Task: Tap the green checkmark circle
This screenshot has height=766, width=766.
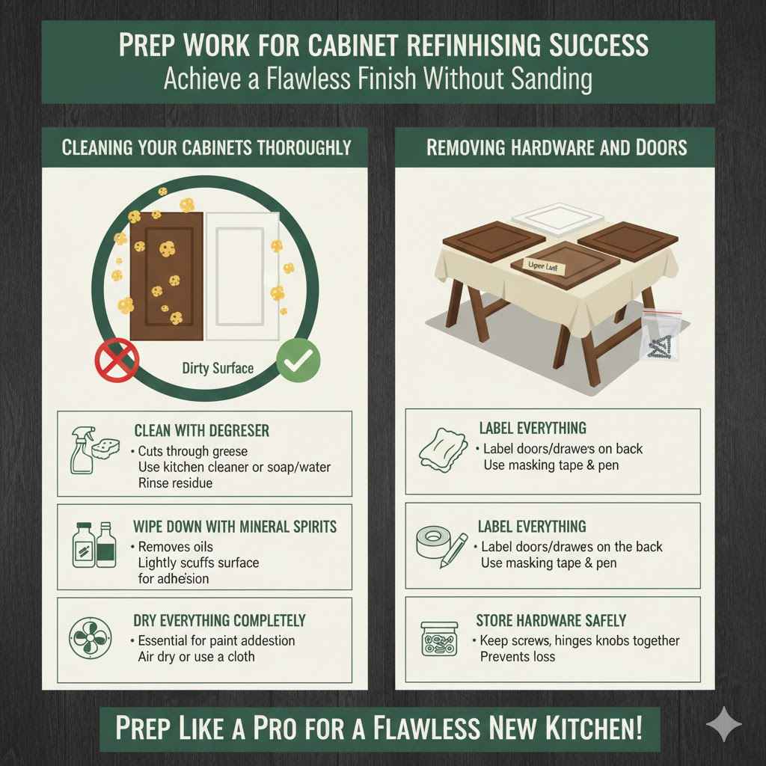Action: [298, 361]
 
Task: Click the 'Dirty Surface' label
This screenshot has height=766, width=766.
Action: [218, 368]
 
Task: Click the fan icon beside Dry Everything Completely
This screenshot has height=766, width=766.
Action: [91, 638]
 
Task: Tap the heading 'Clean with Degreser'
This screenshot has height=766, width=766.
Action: [201, 431]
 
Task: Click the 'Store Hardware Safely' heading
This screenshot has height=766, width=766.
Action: [551, 621]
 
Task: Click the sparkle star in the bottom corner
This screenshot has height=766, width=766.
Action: [724, 726]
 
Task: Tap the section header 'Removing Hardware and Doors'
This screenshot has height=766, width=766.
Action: [556, 147]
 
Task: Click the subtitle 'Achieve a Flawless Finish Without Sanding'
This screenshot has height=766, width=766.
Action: [378, 79]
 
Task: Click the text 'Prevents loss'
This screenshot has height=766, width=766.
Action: [518, 656]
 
